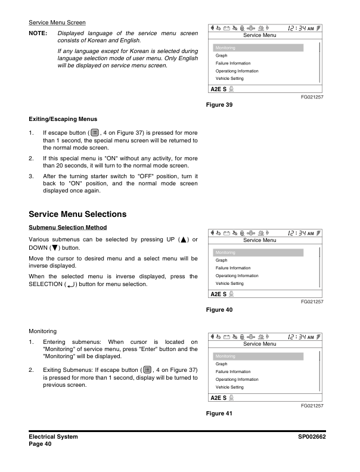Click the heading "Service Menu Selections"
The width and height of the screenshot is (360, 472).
[77, 214]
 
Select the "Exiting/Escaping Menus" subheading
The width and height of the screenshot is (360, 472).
[63, 119]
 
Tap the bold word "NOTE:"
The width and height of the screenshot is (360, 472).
[38, 34]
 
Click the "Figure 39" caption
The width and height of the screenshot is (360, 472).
[219, 105]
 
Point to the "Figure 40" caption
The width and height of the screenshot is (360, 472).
[219, 310]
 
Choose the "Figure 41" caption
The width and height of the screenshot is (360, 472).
[219, 414]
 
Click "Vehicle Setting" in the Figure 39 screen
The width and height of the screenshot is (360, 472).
[229, 79]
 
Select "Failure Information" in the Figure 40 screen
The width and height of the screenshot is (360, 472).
[233, 268]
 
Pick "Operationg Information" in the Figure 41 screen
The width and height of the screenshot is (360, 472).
[237, 379]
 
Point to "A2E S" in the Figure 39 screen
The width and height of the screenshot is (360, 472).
[218, 89]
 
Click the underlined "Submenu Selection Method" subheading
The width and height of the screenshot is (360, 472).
[67, 227]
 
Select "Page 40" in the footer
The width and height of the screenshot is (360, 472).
[41, 445]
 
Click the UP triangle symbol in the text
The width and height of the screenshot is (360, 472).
[177, 240]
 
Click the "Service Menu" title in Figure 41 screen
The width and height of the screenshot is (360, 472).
[260, 344]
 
